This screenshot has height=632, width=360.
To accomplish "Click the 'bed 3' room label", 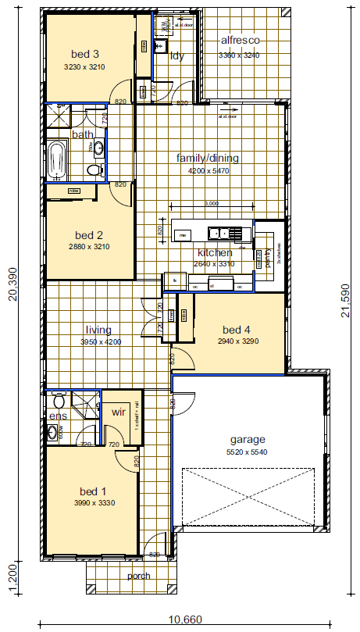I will (x=84, y=54).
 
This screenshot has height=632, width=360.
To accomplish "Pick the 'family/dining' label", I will (x=207, y=158).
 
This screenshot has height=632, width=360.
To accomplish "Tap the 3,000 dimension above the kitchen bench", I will (x=211, y=204).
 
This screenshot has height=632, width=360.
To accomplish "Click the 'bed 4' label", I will (x=235, y=329).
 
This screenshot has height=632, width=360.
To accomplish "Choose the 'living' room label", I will (x=98, y=330).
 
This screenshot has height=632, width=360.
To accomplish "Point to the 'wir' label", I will (x=119, y=411).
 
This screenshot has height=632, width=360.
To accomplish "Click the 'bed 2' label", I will (x=89, y=234).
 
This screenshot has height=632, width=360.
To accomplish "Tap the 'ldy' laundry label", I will (x=176, y=55).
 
